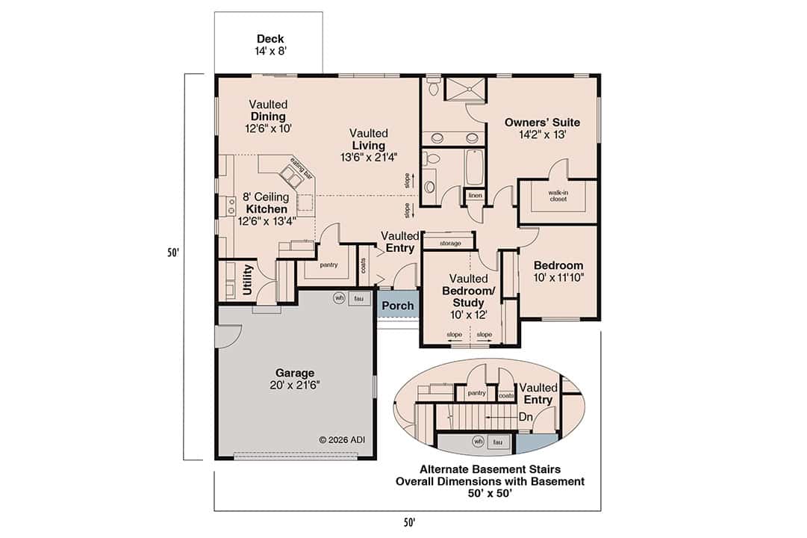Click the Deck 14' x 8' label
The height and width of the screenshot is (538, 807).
tap(269, 45)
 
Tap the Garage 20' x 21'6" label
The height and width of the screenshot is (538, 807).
tap(294, 379)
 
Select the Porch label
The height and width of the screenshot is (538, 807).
tap(397, 306)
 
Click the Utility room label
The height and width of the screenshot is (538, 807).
tap(248, 280)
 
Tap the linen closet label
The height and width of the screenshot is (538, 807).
tap(475, 196)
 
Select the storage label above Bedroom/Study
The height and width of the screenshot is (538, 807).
tap(450, 244)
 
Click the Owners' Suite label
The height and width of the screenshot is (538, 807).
tap(542, 129)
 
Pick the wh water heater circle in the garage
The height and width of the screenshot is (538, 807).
tap(339, 297)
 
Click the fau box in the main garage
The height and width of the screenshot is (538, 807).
tap(358, 297)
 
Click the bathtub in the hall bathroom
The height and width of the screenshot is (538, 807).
tap(476, 167)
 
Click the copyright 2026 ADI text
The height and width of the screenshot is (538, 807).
tap(342, 439)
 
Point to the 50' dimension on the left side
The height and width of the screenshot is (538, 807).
tap(172, 253)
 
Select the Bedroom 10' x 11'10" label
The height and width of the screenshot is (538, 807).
tap(558, 271)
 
